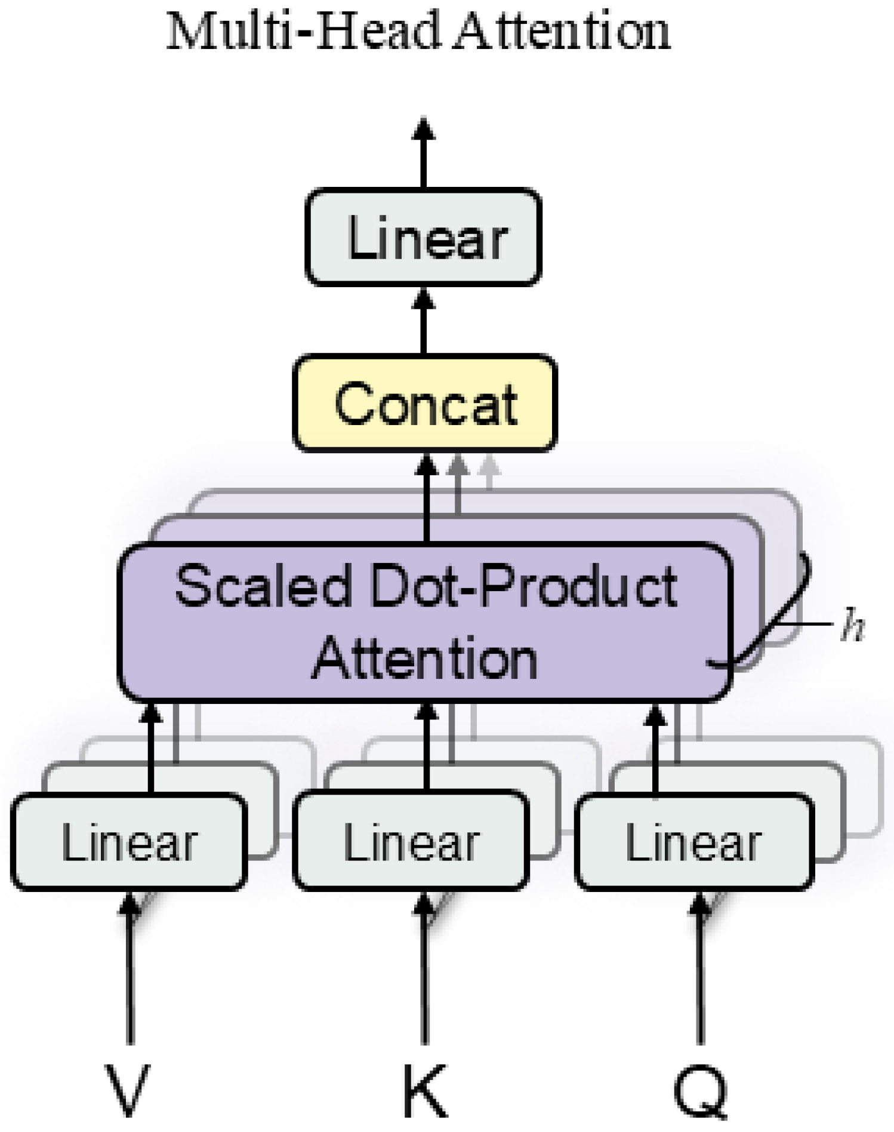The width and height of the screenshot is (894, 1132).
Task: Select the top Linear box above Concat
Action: (423, 238)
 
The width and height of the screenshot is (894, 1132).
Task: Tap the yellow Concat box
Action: (424, 403)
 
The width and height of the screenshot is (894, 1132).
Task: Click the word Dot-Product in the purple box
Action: (524, 586)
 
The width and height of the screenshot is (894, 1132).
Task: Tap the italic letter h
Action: (852, 627)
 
